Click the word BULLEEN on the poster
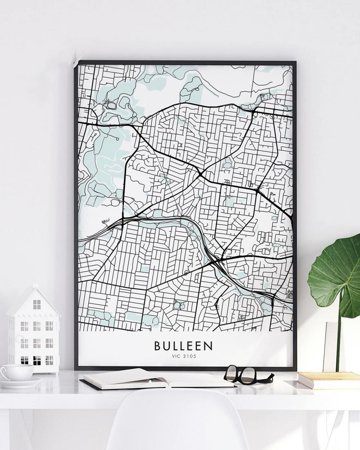tap(183, 346)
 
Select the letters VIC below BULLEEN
tap(177, 356)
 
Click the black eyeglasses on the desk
tap(245, 375)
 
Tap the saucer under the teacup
tap(20, 383)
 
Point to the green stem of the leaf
tap(339, 340)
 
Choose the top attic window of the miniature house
tap(37, 304)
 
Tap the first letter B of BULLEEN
tap(158, 346)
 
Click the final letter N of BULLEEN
tap(209, 346)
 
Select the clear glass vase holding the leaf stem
tap(332, 348)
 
